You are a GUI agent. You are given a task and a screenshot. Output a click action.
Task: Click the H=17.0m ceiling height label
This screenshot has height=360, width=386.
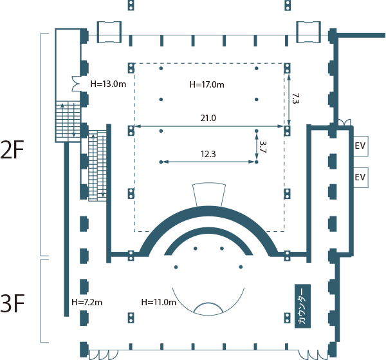207,84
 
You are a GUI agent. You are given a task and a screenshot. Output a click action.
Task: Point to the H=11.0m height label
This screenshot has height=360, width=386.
158,302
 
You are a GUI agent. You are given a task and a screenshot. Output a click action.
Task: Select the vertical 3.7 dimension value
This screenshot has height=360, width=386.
262,147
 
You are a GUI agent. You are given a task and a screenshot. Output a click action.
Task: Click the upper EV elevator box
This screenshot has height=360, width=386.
360,146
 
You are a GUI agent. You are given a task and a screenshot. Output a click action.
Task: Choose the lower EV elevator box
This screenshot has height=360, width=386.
360,176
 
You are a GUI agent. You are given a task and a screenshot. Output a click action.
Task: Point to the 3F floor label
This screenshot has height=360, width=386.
13,303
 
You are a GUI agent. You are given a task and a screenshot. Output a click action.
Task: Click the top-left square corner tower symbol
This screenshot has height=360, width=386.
107,30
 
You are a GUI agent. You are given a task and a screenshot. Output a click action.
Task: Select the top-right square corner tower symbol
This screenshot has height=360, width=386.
309,30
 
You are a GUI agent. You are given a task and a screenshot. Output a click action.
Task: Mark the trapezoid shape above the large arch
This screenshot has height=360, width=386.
210,193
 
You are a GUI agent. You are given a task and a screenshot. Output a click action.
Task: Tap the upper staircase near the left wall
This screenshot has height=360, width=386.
66,120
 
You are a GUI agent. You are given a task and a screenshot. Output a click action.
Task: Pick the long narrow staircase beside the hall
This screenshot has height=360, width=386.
97,165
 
